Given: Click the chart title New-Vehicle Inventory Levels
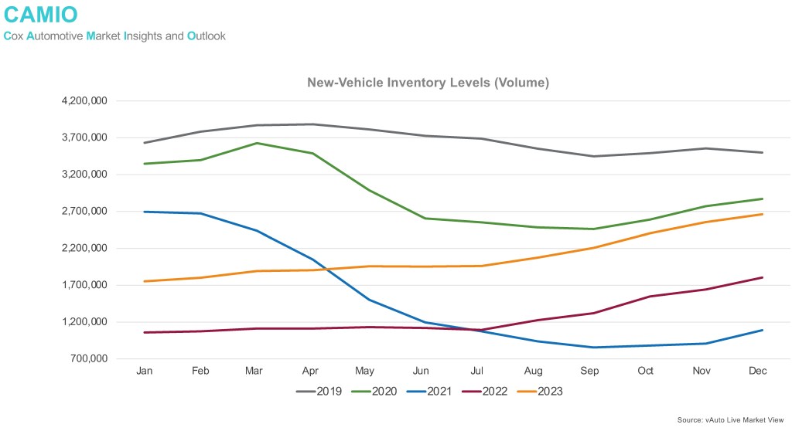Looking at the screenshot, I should click(428, 83).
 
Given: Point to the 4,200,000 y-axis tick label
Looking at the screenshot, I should click(85, 101).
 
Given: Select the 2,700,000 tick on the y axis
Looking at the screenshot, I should click(85, 212).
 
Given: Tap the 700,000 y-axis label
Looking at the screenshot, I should click(90, 359).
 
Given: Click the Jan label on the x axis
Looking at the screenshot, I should click(144, 372).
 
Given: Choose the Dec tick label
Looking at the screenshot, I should click(759, 372).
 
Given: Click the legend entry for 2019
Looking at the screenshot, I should click(319, 392).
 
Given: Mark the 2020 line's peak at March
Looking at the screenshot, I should click(257, 143).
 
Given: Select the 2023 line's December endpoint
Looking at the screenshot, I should click(763, 214).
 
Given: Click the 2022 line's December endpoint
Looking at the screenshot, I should click(763, 277).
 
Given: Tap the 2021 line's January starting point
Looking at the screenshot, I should click(145, 212).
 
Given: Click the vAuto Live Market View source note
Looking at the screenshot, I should click(730, 419).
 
